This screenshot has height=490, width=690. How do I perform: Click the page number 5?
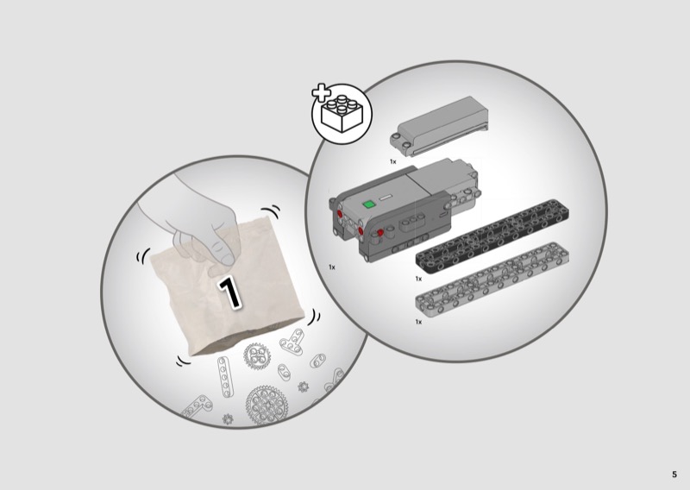(674, 474)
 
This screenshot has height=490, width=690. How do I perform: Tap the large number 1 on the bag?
(229, 292)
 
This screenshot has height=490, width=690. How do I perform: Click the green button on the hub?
(368, 204)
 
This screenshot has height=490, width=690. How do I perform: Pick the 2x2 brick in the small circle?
(342, 113)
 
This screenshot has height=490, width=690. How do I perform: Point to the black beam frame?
(492, 236)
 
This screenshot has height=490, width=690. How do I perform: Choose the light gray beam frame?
(492, 280)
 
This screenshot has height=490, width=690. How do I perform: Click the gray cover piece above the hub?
(439, 127)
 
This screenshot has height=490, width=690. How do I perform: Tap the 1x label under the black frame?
(418, 279)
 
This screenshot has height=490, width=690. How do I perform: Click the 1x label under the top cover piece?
(393, 161)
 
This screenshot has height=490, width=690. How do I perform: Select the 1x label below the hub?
(332, 267)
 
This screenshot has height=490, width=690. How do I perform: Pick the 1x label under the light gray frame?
(418, 322)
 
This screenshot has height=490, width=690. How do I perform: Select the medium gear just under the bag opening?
(256, 355)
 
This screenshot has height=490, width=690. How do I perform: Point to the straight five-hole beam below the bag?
(224, 377)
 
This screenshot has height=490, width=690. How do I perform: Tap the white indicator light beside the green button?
(386, 198)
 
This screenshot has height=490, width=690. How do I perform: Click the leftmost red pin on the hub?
(340, 214)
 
